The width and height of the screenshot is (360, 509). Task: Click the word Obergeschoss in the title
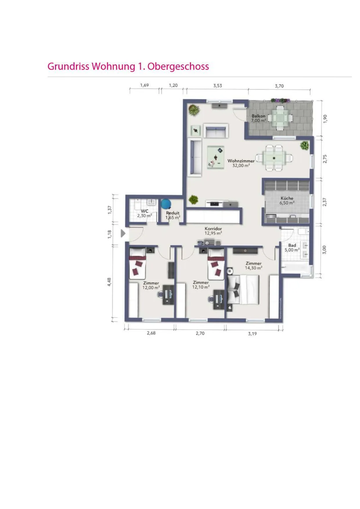(x=178, y=66)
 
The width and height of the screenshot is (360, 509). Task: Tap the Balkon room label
(x=258, y=116)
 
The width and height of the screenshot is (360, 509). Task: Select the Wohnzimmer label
(x=241, y=161)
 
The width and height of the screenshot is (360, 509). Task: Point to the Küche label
(x=287, y=198)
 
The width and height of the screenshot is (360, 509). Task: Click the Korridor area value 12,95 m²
(x=213, y=233)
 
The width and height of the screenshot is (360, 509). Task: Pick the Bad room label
(x=292, y=245)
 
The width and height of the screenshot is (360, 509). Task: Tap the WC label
(x=144, y=211)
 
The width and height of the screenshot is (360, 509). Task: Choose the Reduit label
(x=173, y=213)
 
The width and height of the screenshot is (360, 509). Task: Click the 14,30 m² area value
(x=253, y=268)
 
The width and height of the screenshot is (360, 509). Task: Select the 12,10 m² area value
(x=200, y=287)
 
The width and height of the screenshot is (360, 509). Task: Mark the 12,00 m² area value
(x=151, y=288)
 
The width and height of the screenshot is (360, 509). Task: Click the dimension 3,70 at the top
(x=279, y=86)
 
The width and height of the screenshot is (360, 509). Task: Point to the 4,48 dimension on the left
(x=109, y=282)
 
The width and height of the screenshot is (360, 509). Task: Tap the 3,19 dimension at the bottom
(x=252, y=334)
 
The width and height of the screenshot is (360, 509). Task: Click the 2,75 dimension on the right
(x=325, y=159)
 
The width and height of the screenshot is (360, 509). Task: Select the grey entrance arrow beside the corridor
(x=123, y=233)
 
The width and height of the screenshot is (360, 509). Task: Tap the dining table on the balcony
(x=280, y=118)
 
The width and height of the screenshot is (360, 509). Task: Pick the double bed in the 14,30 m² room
(x=243, y=290)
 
